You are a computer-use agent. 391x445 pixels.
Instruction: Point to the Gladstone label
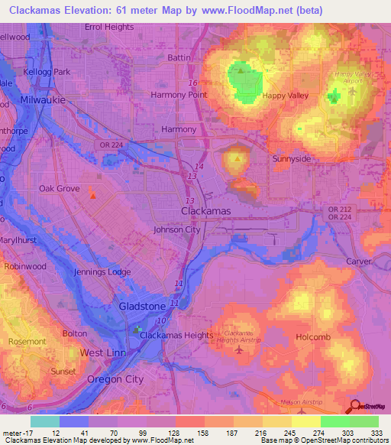(x=142, y=307)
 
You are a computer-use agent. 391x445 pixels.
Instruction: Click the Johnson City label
(x=176, y=229)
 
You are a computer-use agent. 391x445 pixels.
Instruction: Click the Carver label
(x=357, y=261)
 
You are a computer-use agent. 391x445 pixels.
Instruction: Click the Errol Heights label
(x=108, y=27)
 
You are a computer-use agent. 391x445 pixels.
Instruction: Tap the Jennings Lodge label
(x=102, y=272)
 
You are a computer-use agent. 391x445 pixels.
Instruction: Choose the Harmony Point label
(x=179, y=94)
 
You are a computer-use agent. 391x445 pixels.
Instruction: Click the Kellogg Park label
(x=46, y=72)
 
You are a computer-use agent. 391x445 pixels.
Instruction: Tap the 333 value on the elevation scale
(x=376, y=433)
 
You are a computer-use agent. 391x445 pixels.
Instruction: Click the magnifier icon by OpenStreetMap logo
(x=354, y=408)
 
